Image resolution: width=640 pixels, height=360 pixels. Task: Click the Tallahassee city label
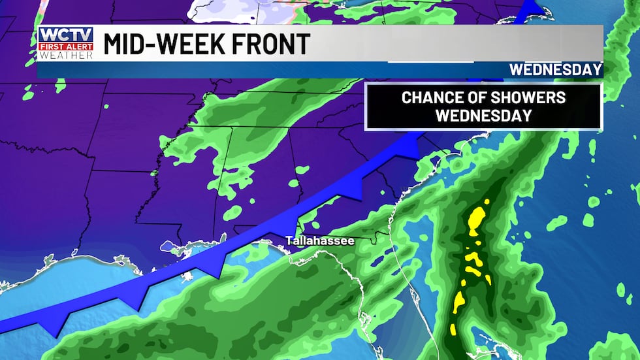[x=320, y=241]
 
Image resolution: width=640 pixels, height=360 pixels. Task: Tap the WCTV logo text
[x=65, y=35]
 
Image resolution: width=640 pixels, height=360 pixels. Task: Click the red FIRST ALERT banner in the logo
[x=65, y=46]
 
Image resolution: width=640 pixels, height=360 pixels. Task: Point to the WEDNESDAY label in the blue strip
[x=554, y=69]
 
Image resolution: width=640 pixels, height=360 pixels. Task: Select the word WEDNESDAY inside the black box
[x=483, y=116]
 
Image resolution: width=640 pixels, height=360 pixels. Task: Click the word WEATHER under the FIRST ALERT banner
[x=65, y=55]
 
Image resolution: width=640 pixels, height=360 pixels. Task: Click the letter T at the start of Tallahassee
[x=289, y=241]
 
